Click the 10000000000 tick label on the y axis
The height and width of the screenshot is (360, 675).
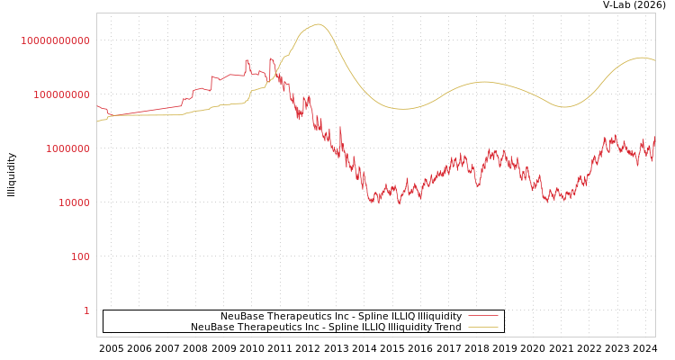pyautogui.click(x=55, y=40)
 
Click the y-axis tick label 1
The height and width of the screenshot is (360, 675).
pyautogui.click(x=86, y=310)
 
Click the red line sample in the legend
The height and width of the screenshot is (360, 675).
pyautogui.click(x=483, y=317)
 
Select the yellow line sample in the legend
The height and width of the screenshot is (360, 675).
pyautogui.click(x=483, y=328)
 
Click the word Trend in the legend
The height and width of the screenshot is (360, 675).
pyautogui.click(x=447, y=328)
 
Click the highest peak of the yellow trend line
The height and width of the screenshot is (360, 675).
pyautogui.click(x=319, y=24)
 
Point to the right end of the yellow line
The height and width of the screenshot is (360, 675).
pyautogui.click(x=654, y=60)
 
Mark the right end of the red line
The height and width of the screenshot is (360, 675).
pyautogui.click(x=654, y=138)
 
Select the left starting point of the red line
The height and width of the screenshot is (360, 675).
pyautogui.click(x=97, y=105)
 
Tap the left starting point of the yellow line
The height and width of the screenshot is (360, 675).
pyautogui.click(x=97, y=121)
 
